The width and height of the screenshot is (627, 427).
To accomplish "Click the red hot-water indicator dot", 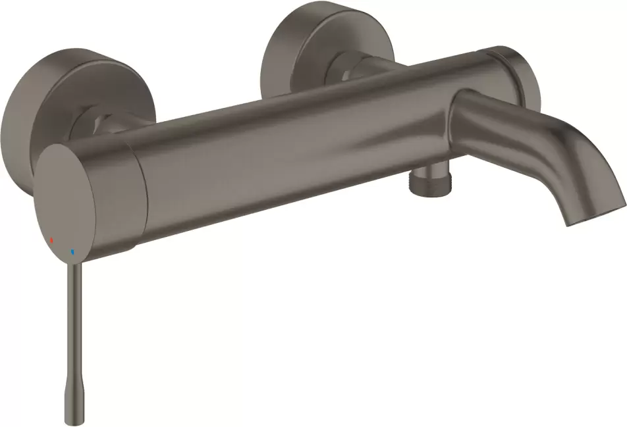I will [x=51, y=241].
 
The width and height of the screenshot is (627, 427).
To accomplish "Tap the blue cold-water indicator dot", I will [x=72, y=251].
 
